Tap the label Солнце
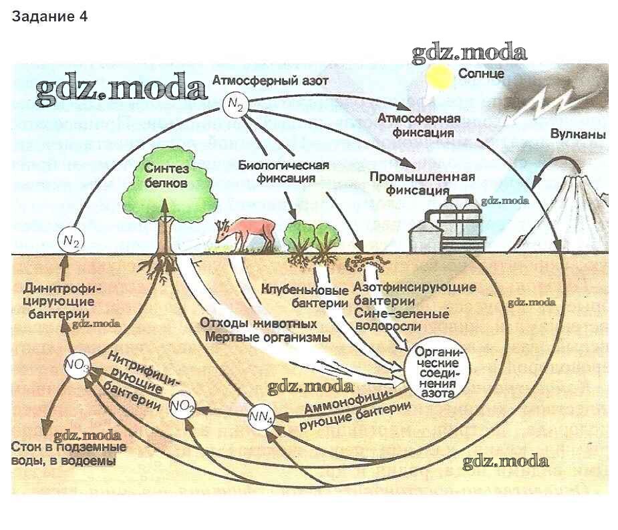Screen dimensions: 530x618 pyautogui.click(x=481, y=73)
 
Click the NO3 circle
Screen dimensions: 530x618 pyautogui.click(x=77, y=366)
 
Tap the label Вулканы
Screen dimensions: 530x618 pyautogui.click(x=578, y=134)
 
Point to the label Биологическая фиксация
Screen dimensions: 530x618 pyautogui.click(x=283, y=171)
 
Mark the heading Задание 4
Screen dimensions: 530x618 pyautogui.click(x=49, y=17)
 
